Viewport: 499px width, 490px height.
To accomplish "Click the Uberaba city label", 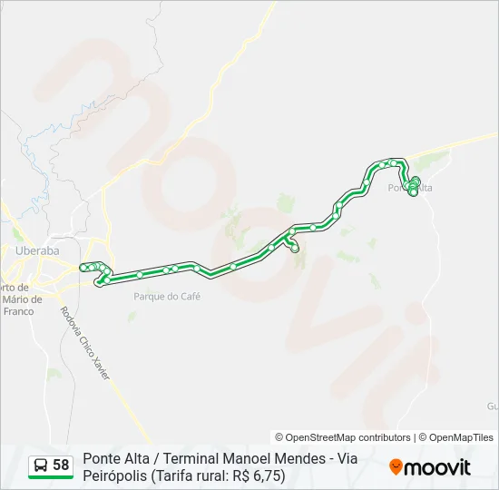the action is [x=37, y=250].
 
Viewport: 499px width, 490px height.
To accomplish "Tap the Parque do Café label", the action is [x=166, y=296].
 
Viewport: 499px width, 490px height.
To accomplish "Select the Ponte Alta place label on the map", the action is [x=410, y=188].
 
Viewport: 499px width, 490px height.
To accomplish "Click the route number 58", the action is [x=61, y=465].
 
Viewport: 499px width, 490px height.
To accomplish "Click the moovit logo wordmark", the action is [x=437, y=467].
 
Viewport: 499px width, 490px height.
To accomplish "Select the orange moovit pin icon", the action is [x=396, y=467].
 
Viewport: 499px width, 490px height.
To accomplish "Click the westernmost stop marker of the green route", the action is [x=83, y=267].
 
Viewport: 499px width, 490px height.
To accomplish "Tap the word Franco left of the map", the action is [x=18, y=311].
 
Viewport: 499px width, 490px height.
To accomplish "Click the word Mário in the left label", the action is [x=19, y=299].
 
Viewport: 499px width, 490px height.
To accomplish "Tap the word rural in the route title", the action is [x=218, y=475].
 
